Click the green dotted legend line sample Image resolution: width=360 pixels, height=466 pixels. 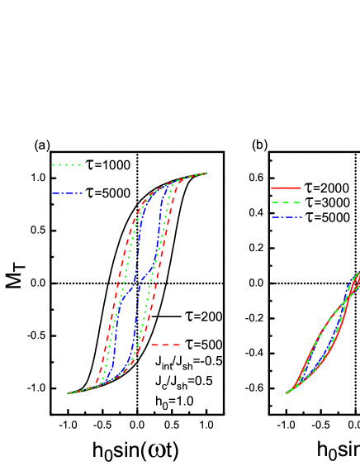pos(66,165)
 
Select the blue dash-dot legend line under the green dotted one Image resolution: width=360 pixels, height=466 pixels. pos(67,194)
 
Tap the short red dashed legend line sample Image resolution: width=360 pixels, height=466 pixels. pos(165,345)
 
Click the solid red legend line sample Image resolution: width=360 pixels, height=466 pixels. pos(286,188)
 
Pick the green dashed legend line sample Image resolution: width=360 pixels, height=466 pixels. pos(286,202)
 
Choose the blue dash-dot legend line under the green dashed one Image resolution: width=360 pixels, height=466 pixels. pos(286,217)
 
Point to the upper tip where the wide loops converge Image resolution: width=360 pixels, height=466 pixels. pos(205,174)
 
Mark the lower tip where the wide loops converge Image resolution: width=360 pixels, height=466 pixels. pos(69,393)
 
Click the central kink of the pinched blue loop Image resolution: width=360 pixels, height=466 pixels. pos(135,285)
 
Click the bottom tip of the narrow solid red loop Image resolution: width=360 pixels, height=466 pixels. pos(287,392)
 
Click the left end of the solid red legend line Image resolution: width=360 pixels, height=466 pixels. pos(272,188)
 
